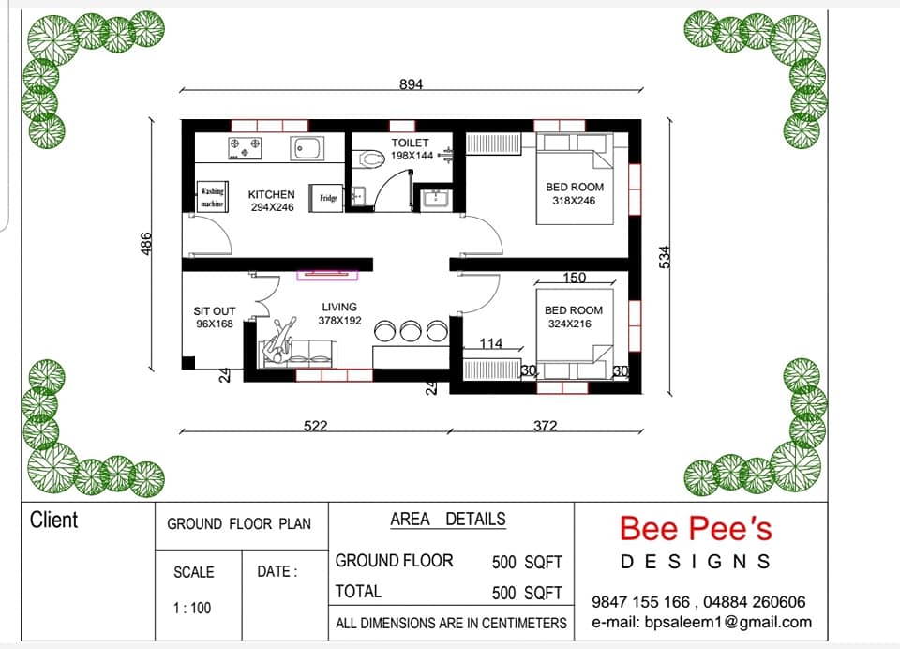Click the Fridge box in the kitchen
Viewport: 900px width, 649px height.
pos(326,198)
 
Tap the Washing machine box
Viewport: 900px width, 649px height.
pos(212,197)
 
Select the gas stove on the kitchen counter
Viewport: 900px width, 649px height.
pos(245,148)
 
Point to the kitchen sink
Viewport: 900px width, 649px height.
pos(307,148)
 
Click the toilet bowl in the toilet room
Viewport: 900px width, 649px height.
pos(367,159)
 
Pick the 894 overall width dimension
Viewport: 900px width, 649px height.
pos(411,84)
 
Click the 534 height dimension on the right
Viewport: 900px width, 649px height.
pos(664,257)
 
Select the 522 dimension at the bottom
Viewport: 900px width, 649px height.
pos(315,426)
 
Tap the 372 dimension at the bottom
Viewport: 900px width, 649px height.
pos(545,426)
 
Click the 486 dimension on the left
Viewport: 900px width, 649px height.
pos(146,244)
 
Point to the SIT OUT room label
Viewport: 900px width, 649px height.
pos(215,310)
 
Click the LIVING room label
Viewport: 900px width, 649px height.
pos(339,308)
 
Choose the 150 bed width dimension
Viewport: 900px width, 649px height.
pos(574,278)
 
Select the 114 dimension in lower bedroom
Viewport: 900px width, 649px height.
pos(490,343)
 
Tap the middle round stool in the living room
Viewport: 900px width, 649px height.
pos(411,331)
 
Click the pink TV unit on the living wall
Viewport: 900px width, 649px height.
pos(327,275)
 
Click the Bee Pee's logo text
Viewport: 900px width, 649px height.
pos(696,528)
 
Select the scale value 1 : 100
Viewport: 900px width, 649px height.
pos(192,608)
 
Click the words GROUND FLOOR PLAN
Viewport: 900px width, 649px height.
pos(239,523)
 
